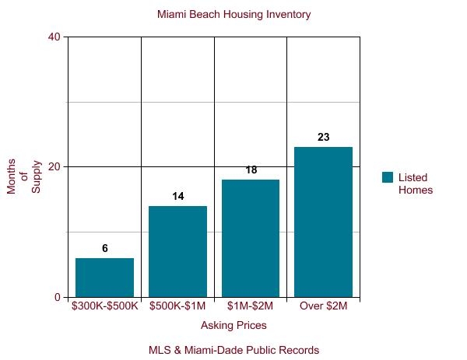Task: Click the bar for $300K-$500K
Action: [x=104, y=278]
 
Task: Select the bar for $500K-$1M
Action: [x=177, y=251]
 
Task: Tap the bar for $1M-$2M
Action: [x=251, y=238]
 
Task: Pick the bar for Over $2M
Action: [x=323, y=222]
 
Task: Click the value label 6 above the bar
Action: [x=104, y=249]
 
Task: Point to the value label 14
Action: [x=177, y=197]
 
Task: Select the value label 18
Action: [x=251, y=170]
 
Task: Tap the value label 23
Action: [x=323, y=138]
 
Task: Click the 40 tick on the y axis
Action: [x=54, y=37]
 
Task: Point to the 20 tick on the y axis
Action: [x=54, y=166]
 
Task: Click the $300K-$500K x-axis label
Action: [x=104, y=306]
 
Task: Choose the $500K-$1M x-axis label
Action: [x=177, y=306]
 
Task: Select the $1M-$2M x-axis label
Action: [x=251, y=306]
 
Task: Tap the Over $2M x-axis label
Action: [x=323, y=306]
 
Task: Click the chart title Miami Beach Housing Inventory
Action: [x=233, y=15]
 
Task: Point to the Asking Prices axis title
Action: [x=233, y=325]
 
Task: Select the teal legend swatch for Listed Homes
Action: [x=388, y=177]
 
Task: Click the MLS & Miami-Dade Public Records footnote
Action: [x=233, y=350]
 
